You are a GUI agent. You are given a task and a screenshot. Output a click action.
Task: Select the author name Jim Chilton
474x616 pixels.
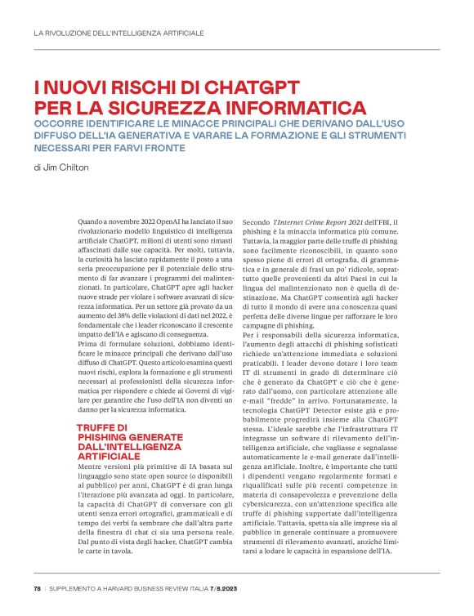(x=71, y=167)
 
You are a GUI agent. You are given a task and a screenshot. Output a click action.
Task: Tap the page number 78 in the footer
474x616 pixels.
(x=37, y=588)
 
